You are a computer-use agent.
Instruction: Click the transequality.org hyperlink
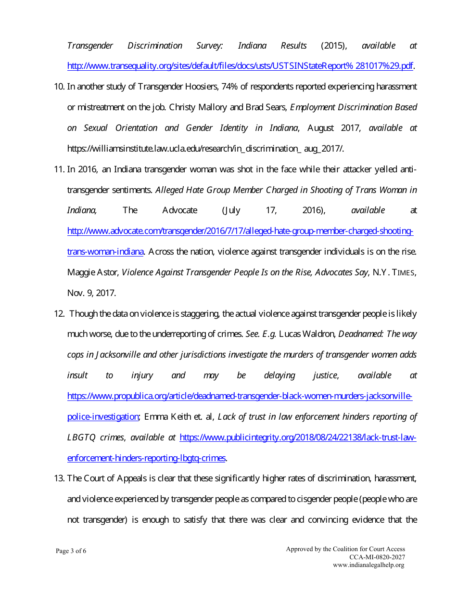pyautogui.click(x=240, y=66)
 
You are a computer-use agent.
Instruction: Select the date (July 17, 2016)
pyautogui.click(x=274, y=210)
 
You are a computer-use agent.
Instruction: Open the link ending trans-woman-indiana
pyautogui.click(x=106, y=252)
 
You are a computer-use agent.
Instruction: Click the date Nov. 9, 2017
pyautogui.click(x=91, y=293)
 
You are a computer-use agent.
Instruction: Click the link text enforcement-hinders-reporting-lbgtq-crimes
pyautogui.click(x=146, y=458)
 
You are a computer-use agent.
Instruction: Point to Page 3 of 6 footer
pyautogui.click(x=71, y=551)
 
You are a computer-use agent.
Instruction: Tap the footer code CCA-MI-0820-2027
pyautogui.click(x=377, y=557)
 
